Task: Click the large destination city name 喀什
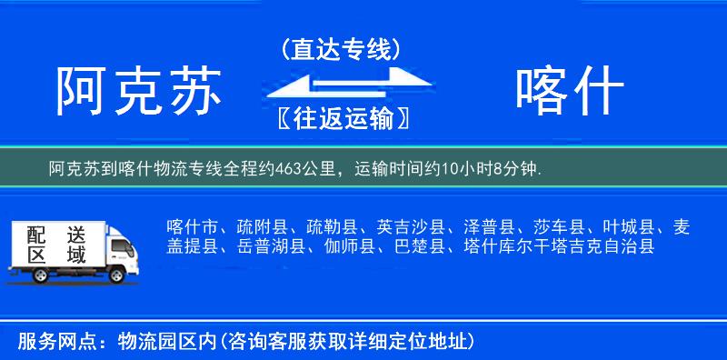[569, 92]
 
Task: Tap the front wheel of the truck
[117, 274]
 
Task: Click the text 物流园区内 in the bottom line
[162, 342]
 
